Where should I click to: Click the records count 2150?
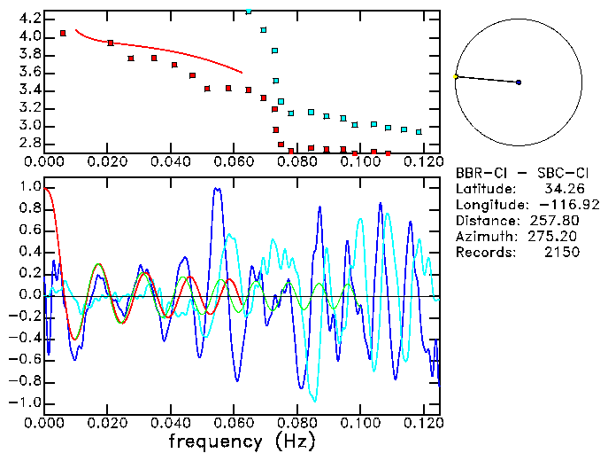click(562, 253)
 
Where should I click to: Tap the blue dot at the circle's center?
click(518, 82)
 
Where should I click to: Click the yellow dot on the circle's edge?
click(456, 77)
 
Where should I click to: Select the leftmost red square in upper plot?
click(63, 34)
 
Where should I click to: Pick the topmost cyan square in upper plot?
click(249, 12)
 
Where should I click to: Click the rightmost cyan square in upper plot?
click(419, 132)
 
